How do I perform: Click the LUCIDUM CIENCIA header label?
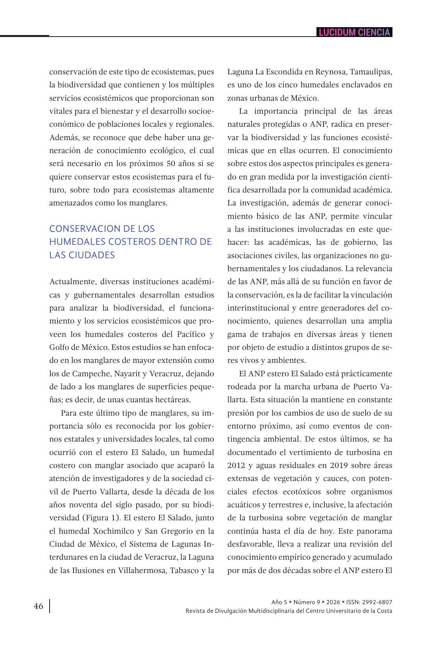coord(354,32)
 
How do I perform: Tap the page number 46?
coord(39,606)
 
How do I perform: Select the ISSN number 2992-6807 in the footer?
coord(377,602)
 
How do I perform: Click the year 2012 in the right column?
coord(236,465)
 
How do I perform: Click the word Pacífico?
coord(191,334)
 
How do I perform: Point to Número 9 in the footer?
coord(307,602)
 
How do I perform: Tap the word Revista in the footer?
coord(196,611)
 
